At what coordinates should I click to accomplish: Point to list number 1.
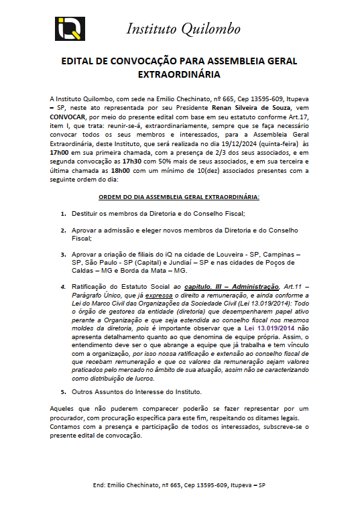pos(64,214)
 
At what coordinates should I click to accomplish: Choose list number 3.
pos(64,255)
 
